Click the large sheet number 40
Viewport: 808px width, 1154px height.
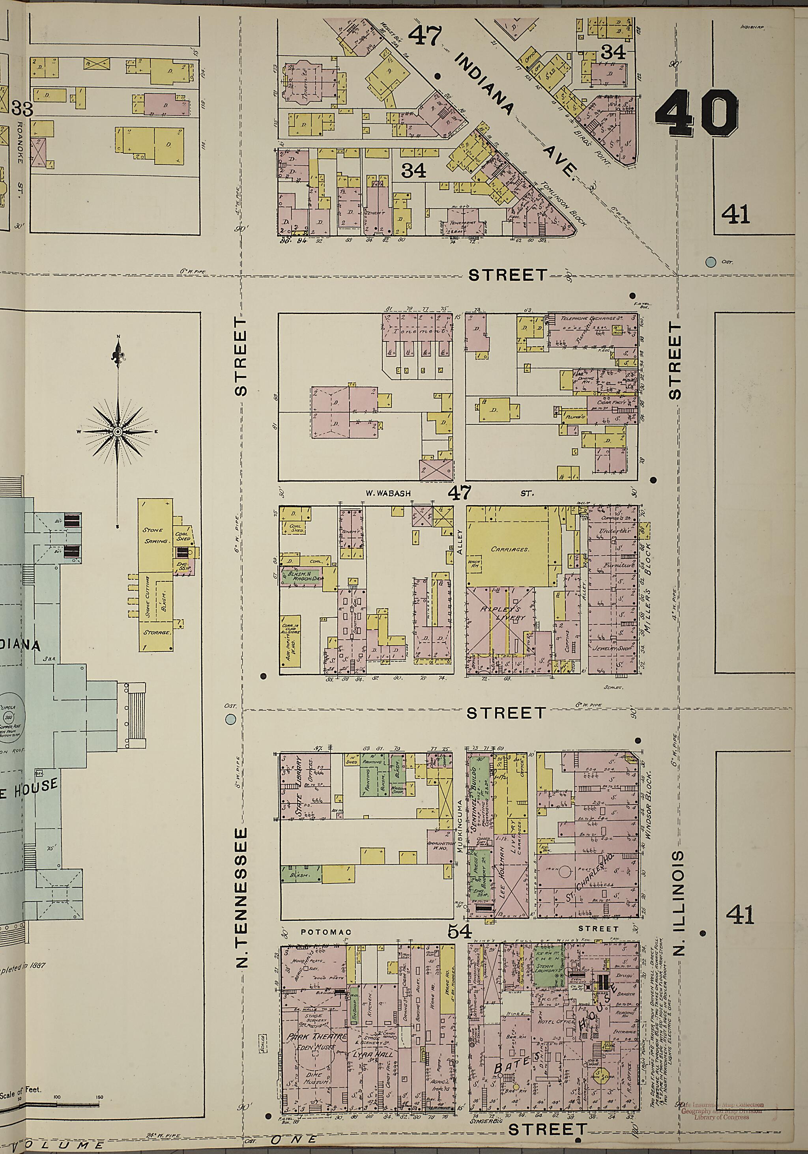[x=697, y=114]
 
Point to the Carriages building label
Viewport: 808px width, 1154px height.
[x=510, y=549]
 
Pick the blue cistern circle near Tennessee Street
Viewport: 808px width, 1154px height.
[x=231, y=719]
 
